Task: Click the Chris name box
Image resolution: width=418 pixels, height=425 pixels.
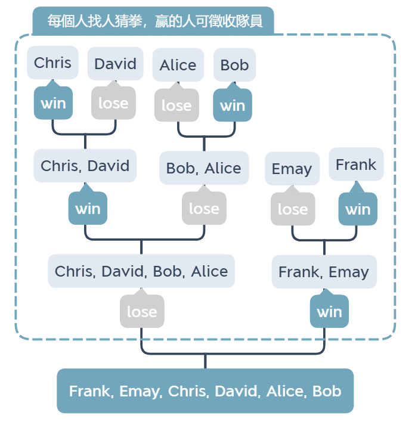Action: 52,63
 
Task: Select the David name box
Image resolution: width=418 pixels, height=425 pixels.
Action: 115,64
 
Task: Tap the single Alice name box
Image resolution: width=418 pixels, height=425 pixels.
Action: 178,65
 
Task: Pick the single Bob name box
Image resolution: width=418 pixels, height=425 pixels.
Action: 234,65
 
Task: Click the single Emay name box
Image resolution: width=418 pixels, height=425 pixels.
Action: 292,169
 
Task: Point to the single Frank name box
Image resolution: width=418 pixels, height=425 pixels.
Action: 356,165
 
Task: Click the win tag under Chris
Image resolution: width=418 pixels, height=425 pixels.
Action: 53,102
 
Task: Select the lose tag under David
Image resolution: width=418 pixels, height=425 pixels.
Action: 113,102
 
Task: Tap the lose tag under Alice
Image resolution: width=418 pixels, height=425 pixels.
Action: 177,104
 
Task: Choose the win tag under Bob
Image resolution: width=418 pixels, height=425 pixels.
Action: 233,104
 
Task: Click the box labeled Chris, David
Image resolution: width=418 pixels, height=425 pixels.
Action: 85,166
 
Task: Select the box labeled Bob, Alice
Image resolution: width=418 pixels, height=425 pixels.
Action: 204,167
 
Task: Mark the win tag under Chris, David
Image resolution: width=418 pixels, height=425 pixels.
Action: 88,207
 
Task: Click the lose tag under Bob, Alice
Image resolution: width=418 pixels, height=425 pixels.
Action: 204,207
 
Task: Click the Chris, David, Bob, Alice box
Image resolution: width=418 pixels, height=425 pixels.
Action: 141,271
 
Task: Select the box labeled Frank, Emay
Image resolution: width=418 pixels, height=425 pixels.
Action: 324,272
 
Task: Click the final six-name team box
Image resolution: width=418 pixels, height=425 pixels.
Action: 205,391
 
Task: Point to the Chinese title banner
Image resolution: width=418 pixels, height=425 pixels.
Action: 153,21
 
